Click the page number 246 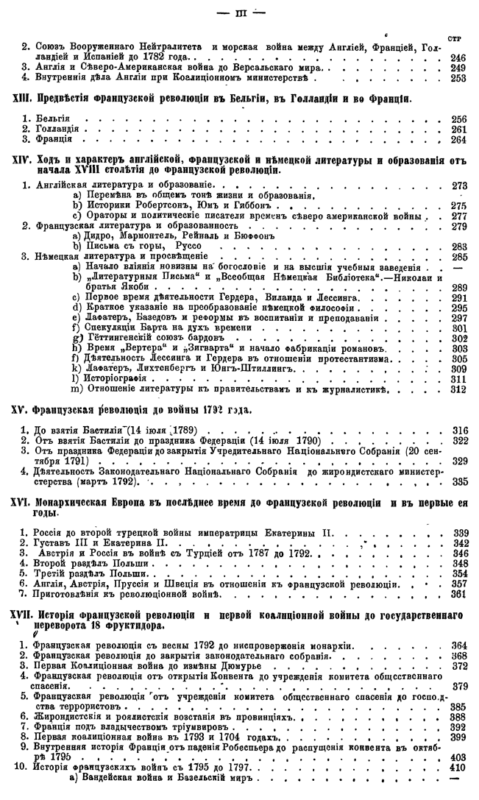[458, 57]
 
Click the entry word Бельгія [53, 118]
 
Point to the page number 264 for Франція [458, 139]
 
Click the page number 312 [458, 389]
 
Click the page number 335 [458, 481]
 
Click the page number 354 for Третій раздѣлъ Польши [458, 573]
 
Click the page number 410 [458, 766]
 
